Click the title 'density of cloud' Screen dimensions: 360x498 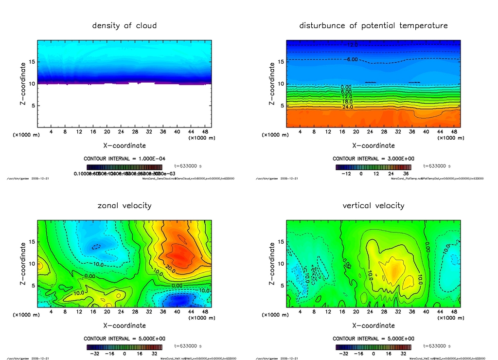(124, 25)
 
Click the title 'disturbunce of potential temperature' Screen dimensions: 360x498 (373, 25)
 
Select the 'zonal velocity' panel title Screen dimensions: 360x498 (124, 205)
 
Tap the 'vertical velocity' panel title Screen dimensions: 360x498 (373, 205)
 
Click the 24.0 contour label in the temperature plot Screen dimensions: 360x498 (347, 107)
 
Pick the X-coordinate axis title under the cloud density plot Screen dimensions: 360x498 (124, 145)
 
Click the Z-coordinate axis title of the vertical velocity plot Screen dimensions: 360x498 (272, 264)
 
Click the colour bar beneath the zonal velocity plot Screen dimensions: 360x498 (124, 347)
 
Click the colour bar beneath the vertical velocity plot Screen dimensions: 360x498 (373, 347)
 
